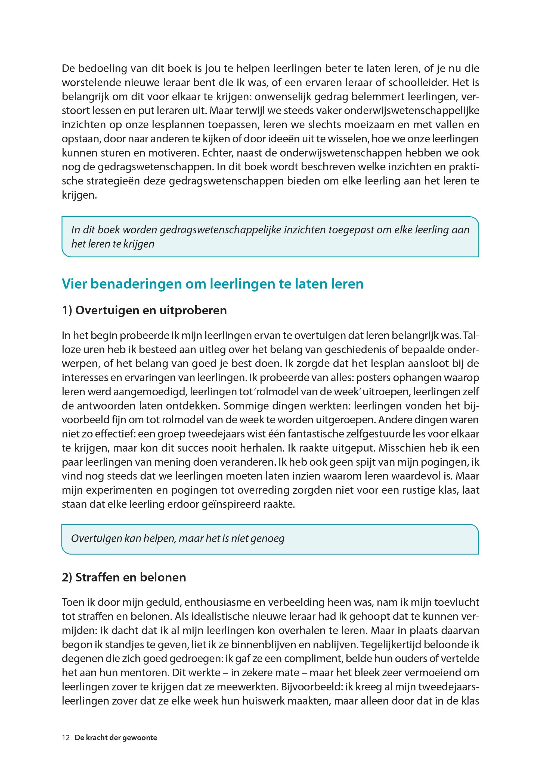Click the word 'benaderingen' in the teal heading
click(x=136, y=284)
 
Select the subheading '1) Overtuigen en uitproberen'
click(x=144, y=310)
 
